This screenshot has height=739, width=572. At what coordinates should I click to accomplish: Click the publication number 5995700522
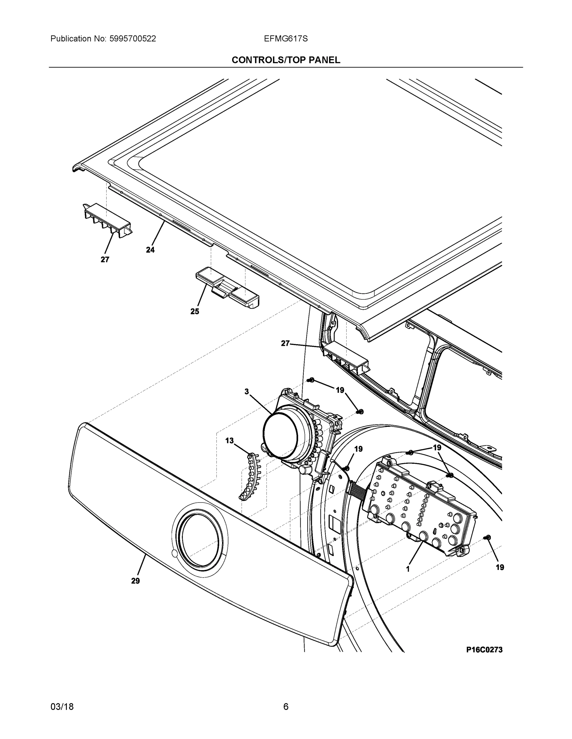pyautogui.click(x=133, y=39)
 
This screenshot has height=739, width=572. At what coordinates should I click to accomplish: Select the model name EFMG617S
pyautogui.click(x=286, y=39)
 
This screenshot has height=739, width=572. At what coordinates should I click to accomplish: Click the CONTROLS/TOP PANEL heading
pyautogui.click(x=286, y=60)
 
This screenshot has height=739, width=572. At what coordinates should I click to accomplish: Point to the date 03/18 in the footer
pyautogui.click(x=62, y=707)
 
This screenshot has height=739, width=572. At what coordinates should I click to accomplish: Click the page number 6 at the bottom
pyautogui.click(x=286, y=707)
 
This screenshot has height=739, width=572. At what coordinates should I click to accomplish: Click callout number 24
pyautogui.click(x=150, y=250)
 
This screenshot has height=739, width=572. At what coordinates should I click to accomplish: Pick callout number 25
pyautogui.click(x=195, y=312)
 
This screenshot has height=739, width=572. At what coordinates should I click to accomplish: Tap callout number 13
pyautogui.click(x=229, y=441)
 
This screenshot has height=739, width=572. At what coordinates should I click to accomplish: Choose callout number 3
pyautogui.click(x=247, y=391)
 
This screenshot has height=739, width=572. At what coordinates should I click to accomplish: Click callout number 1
pyautogui.click(x=408, y=569)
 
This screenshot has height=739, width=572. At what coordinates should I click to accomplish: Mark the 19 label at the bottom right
pyautogui.click(x=500, y=567)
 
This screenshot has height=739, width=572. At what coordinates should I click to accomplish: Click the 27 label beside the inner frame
pyautogui.click(x=285, y=343)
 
